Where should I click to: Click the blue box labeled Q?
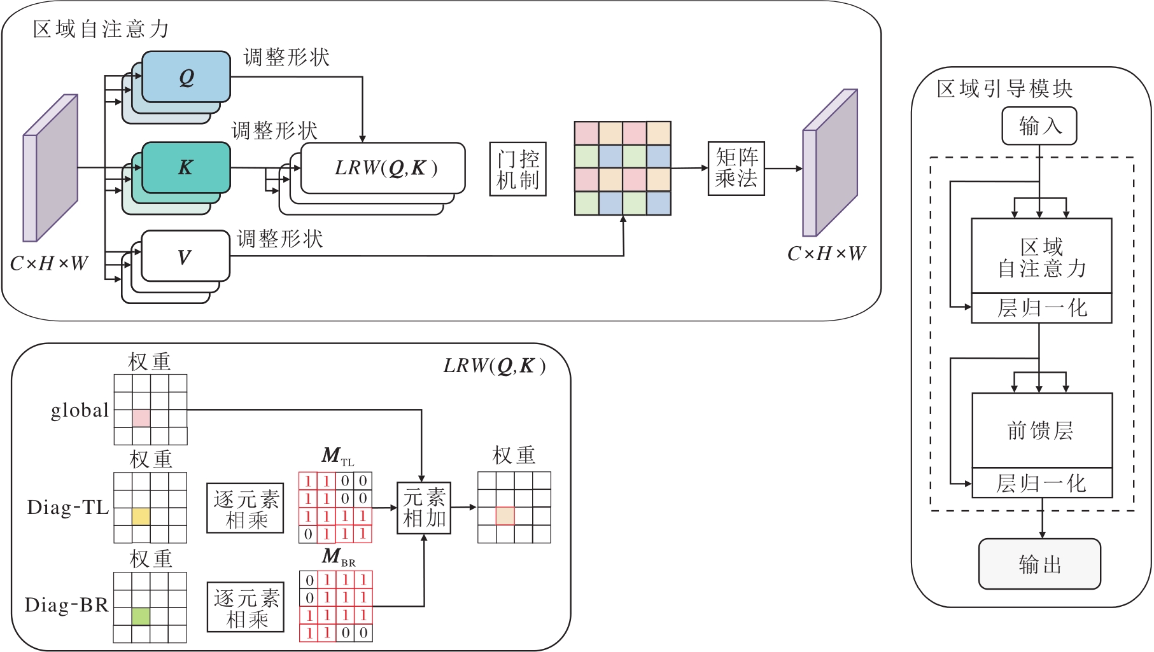click(186, 77)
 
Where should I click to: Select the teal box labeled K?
click(185, 167)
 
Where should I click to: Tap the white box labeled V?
click(185, 256)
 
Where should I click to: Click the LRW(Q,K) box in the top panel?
click(383, 168)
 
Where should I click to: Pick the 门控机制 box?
click(517, 169)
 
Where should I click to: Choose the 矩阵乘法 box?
click(736, 168)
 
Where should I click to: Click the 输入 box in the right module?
click(1039, 126)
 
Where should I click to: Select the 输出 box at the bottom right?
click(1039, 564)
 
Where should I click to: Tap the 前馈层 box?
click(1041, 431)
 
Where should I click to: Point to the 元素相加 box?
click(424, 508)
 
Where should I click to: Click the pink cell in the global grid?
click(141, 418)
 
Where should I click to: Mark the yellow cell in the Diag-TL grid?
click(141, 516)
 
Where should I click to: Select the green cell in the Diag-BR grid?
click(141, 616)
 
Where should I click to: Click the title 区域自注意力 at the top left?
click(101, 29)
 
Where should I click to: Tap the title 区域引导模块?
click(1004, 89)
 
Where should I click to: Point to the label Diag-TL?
click(68, 508)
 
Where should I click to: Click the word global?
click(80, 410)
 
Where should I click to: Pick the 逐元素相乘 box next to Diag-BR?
click(246, 607)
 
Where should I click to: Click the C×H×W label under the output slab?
click(826, 254)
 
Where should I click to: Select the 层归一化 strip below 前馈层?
click(1041, 483)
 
